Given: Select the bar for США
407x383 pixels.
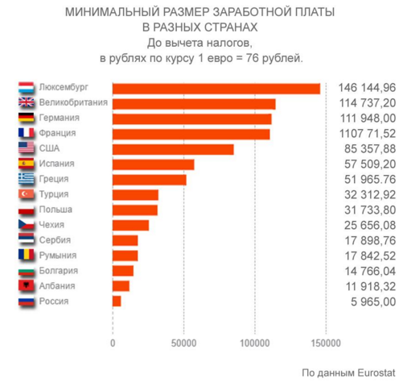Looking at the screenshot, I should [173, 149].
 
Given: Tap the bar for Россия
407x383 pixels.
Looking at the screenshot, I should [117, 301].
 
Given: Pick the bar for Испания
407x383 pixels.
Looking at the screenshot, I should [153, 164].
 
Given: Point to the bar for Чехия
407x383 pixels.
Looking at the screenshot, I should [130, 225].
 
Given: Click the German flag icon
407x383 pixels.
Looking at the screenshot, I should [26, 119].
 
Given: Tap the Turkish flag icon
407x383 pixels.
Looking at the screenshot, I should [26, 194].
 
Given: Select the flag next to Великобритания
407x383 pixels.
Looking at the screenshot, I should [26, 103].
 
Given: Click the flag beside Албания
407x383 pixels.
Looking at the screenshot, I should [26, 285].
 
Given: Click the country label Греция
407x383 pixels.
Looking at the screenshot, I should [54, 179].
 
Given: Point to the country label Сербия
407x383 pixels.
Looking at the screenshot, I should [55, 240].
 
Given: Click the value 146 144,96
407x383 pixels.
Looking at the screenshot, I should [368, 89].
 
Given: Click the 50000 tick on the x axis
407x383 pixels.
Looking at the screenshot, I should [183, 342].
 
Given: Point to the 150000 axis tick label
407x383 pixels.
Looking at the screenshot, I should [326, 342].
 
